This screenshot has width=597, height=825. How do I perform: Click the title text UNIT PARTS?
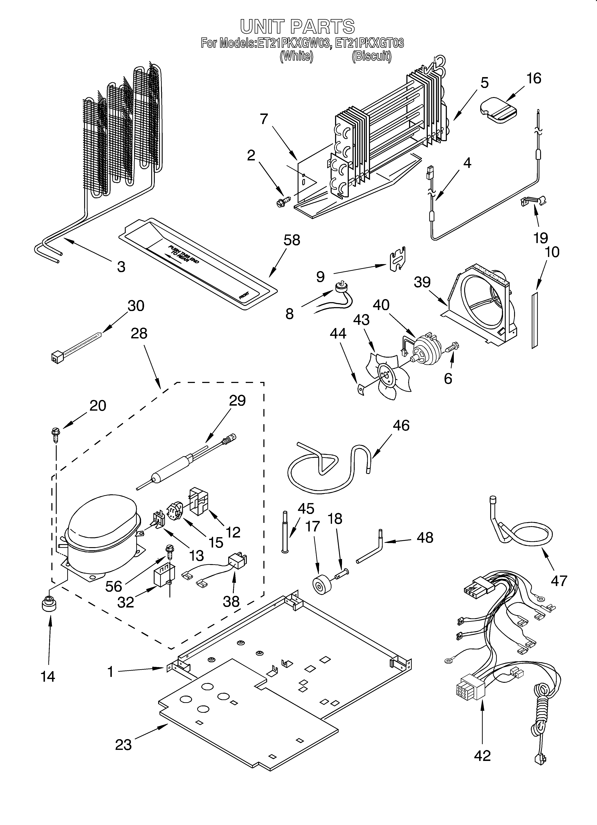tap(297, 27)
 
